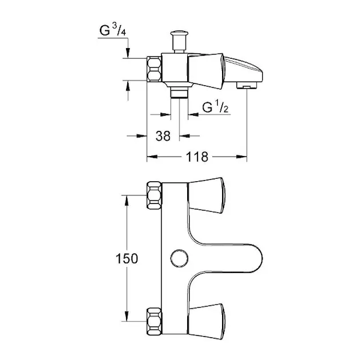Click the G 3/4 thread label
(x=113, y=30)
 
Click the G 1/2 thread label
(x=215, y=107)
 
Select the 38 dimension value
(x=163, y=136)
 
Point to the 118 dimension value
(x=197, y=157)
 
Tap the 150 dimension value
(x=127, y=259)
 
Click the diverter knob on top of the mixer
(x=179, y=41)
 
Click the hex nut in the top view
(x=154, y=69)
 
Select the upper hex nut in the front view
(x=154, y=196)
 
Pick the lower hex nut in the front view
(x=154, y=322)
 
